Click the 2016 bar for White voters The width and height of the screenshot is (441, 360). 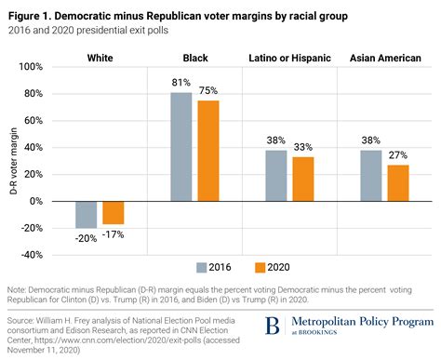tap(87, 214)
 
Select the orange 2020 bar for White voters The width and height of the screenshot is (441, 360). tap(114, 212)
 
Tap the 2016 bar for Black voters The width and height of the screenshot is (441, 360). tap(180, 147)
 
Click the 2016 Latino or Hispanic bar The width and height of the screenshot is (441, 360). tap(275, 176)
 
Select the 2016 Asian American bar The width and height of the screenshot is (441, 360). tap(370, 176)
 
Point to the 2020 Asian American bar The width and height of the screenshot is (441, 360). tap(397, 183)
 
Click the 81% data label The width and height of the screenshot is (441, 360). tap(181, 84)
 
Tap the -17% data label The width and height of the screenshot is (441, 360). tap(114, 233)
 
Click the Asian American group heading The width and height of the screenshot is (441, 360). tap(383, 58)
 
